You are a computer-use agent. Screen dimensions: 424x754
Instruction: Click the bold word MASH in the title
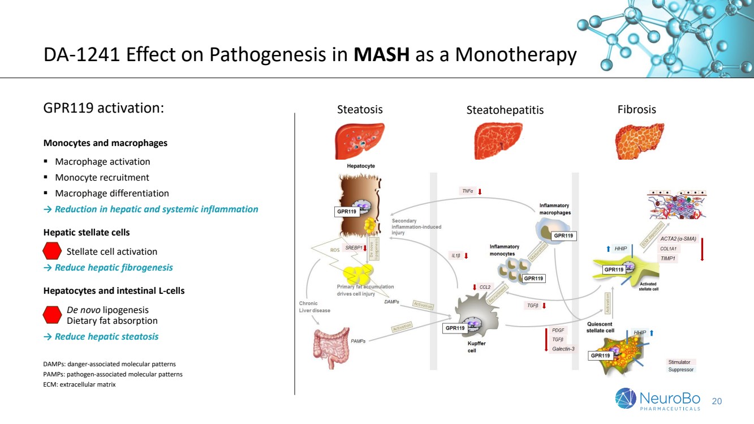pyautogui.click(x=382, y=55)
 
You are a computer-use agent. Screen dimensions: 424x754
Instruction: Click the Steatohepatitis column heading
pyautogui.click(x=505, y=110)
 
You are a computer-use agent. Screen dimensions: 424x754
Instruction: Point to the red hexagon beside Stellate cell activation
pyautogui.click(x=52, y=251)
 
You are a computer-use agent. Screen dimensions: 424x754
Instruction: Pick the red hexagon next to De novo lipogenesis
pyautogui.click(x=52, y=315)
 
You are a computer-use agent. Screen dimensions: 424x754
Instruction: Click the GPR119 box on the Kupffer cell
pyautogui.click(x=455, y=328)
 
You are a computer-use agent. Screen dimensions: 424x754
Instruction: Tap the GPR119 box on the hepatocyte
pyautogui.click(x=347, y=212)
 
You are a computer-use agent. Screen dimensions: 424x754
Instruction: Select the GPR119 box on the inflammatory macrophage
pyautogui.click(x=563, y=235)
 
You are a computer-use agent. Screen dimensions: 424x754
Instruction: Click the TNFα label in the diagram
pyautogui.click(x=467, y=191)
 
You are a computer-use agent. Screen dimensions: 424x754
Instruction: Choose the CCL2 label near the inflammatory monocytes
pyautogui.click(x=485, y=287)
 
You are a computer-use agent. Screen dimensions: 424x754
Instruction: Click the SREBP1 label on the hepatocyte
pyautogui.click(x=354, y=247)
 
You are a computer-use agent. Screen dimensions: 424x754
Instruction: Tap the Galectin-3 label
pyautogui.click(x=563, y=349)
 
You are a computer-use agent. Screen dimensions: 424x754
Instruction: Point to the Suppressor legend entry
pyautogui.click(x=680, y=370)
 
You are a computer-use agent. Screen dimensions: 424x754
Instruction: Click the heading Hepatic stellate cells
pyautogui.click(x=87, y=232)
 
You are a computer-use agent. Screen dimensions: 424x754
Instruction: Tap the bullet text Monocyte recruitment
pyautogui.click(x=102, y=177)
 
